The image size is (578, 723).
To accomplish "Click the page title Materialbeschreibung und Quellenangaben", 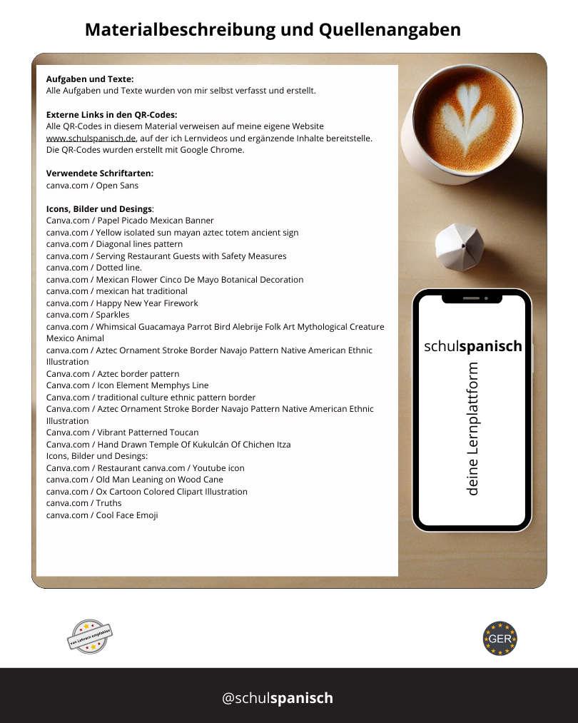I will (273, 30).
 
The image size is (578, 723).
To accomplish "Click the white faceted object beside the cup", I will (460, 247).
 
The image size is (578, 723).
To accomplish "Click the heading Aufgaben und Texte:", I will (90, 79).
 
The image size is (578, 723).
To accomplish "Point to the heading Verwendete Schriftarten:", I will (100, 173).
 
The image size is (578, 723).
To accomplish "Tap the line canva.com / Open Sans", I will (93, 186).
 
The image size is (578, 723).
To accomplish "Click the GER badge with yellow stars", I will (500, 638).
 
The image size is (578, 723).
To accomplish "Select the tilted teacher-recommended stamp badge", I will (90, 636).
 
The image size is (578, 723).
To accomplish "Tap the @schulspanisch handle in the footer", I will (278, 698).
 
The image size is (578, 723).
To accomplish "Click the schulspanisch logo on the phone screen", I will (473, 347).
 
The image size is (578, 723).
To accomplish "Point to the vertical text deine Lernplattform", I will (472, 429).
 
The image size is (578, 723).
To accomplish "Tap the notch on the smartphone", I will (472, 298).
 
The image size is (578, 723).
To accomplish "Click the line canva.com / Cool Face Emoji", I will (102, 515).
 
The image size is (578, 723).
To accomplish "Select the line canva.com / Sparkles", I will (88, 315).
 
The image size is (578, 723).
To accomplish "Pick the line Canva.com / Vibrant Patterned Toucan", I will (123, 433).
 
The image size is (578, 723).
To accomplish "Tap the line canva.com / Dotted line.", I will (94, 268).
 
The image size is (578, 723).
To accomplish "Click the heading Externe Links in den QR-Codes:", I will (112, 114).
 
